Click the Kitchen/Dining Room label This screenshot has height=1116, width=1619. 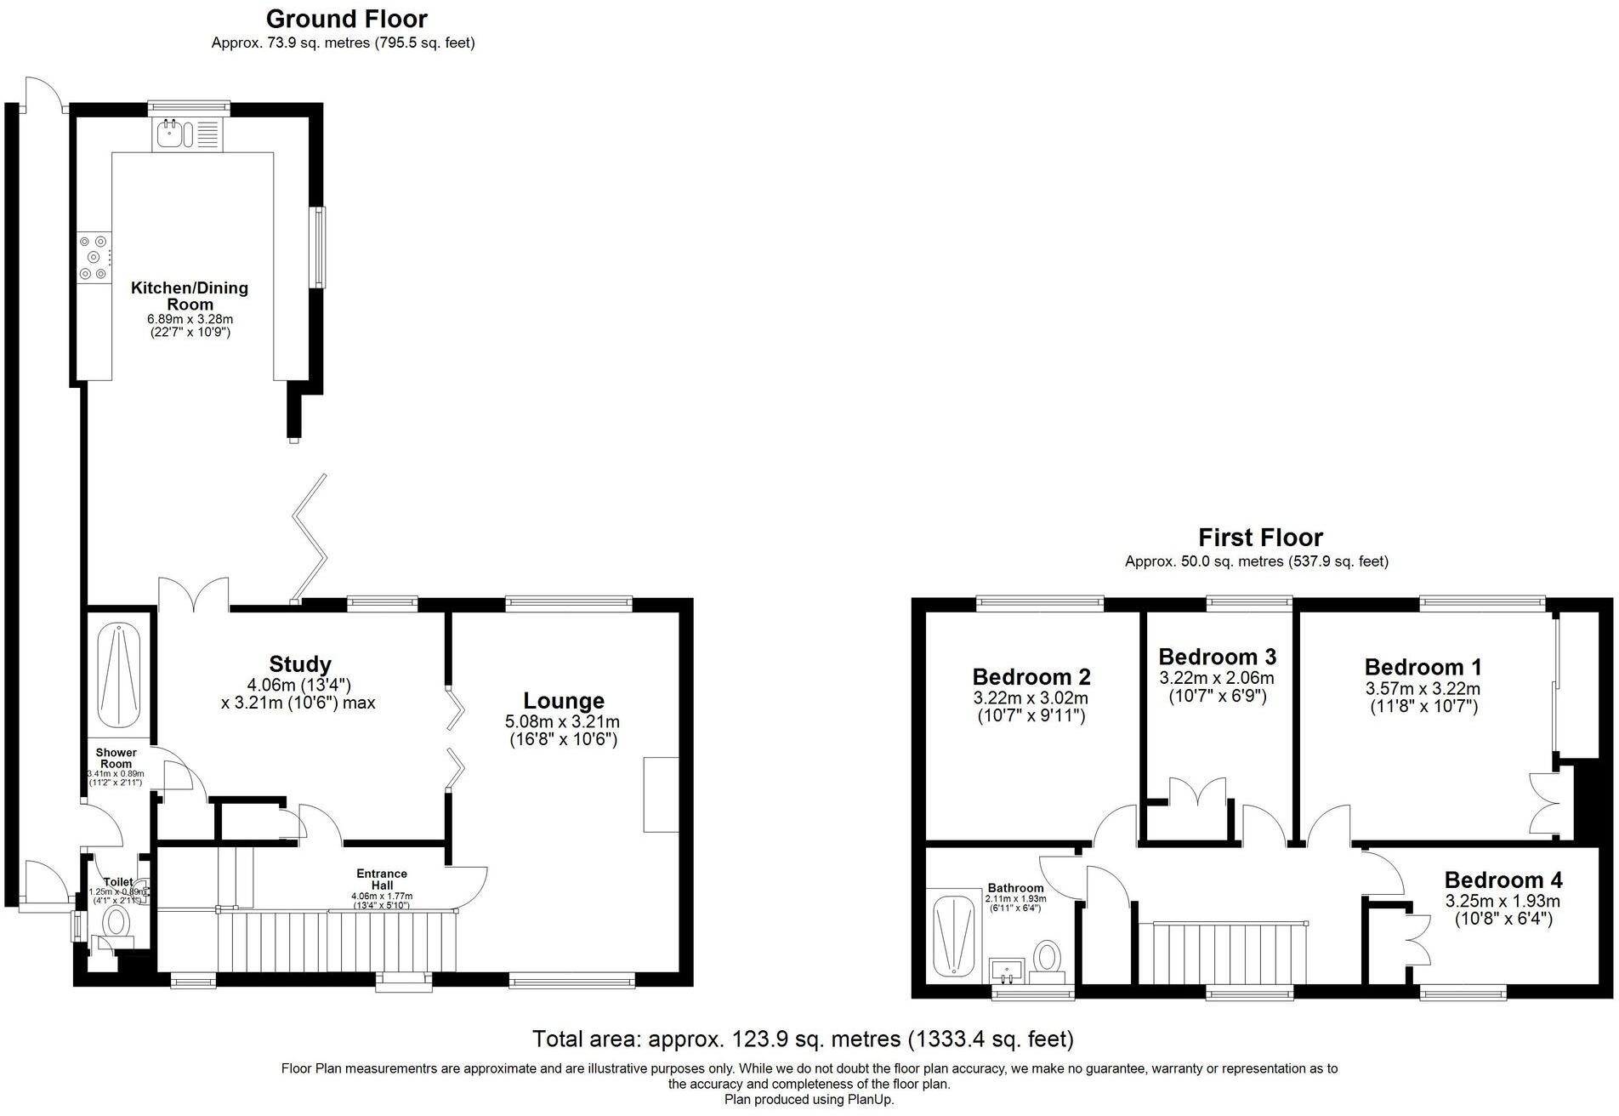189,296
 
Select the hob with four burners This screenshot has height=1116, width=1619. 94,257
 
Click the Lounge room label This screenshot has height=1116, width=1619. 564,701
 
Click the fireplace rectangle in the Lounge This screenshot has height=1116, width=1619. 661,794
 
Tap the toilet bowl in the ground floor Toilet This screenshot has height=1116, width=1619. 116,922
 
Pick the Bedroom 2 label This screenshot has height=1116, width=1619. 1031,677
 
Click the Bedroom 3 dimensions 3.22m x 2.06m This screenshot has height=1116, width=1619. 1216,678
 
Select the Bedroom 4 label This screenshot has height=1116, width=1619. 1503,880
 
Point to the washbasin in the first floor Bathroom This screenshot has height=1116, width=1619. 1009,970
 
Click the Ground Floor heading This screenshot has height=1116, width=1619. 346,19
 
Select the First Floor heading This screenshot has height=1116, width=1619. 1259,538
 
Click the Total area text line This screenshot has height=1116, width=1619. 802,1039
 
